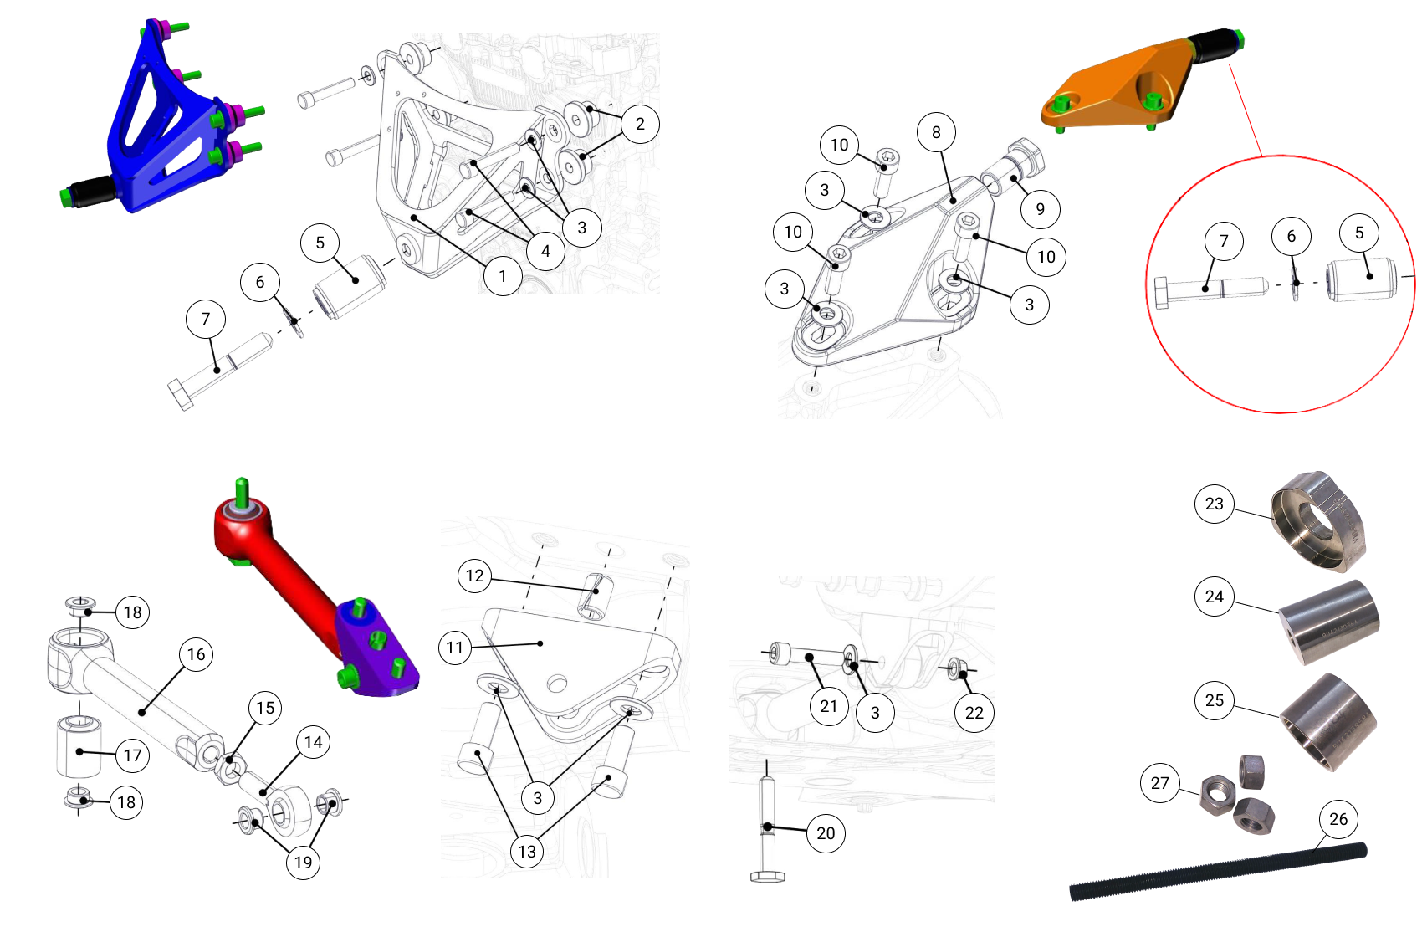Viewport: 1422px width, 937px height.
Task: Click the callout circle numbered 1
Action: [503, 276]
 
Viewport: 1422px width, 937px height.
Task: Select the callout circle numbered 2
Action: [640, 124]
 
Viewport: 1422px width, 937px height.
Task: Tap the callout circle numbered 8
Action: [936, 132]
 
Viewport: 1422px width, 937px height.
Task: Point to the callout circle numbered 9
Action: [1040, 209]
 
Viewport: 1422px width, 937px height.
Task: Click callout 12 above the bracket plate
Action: [474, 576]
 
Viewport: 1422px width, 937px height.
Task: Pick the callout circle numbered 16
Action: [196, 654]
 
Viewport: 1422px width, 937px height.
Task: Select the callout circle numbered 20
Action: [826, 833]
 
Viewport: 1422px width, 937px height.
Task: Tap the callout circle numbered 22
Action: [974, 713]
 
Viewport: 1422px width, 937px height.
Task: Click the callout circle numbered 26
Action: [1338, 819]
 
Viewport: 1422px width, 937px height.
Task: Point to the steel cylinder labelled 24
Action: [1330, 623]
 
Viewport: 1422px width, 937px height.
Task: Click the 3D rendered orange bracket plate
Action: [1121, 88]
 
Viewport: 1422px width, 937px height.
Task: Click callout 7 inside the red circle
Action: [1224, 241]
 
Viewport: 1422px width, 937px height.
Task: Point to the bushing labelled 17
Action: [79, 747]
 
